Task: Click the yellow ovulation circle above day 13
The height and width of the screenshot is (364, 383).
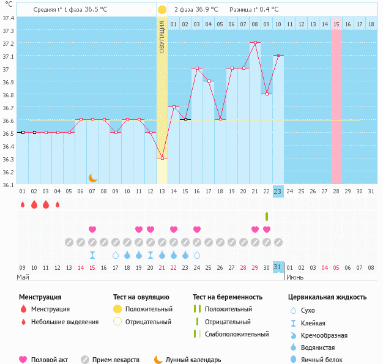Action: (162, 10)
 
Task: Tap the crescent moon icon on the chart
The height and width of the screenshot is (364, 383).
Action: (92, 178)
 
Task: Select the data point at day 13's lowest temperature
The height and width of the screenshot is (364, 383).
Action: (162, 158)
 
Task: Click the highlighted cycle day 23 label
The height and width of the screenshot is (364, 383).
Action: (278, 191)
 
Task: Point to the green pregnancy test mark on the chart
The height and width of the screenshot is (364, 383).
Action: (267, 217)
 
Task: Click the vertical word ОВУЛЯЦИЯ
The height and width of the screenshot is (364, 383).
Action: (162, 37)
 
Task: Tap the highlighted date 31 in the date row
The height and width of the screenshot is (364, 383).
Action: (278, 267)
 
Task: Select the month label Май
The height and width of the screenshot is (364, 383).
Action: (23, 277)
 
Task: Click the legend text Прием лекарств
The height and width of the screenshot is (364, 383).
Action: (116, 360)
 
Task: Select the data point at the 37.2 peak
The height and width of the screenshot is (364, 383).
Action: (255, 43)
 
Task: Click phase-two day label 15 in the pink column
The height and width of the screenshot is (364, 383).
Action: (337, 24)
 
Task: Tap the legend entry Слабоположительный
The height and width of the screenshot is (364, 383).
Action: (237, 334)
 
